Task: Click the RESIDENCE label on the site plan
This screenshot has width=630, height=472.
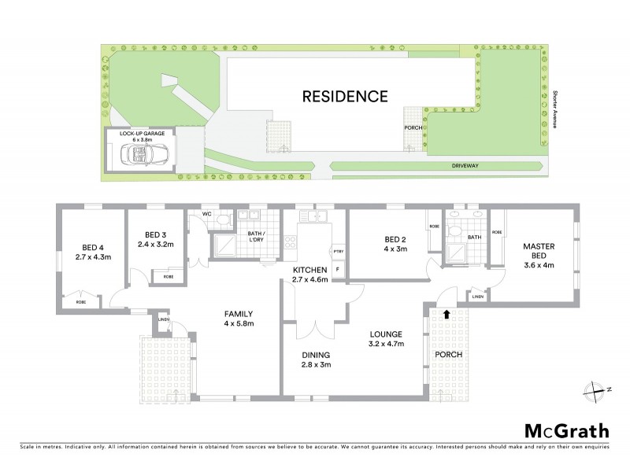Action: [x=346, y=97]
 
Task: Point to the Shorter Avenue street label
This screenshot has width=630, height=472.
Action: [x=554, y=109]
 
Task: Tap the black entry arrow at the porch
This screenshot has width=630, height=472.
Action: [x=447, y=314]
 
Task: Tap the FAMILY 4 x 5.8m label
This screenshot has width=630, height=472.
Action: [x=236, y=317]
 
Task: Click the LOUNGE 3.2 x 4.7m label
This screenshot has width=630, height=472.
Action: [x=388, y=338]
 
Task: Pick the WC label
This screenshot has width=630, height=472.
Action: [x=207, y=213]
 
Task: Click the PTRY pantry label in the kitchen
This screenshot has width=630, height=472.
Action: [x=338, y=251]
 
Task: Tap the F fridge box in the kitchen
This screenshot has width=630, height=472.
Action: [x=338, y=270]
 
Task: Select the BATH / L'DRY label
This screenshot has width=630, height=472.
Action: [x=255, y=237]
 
